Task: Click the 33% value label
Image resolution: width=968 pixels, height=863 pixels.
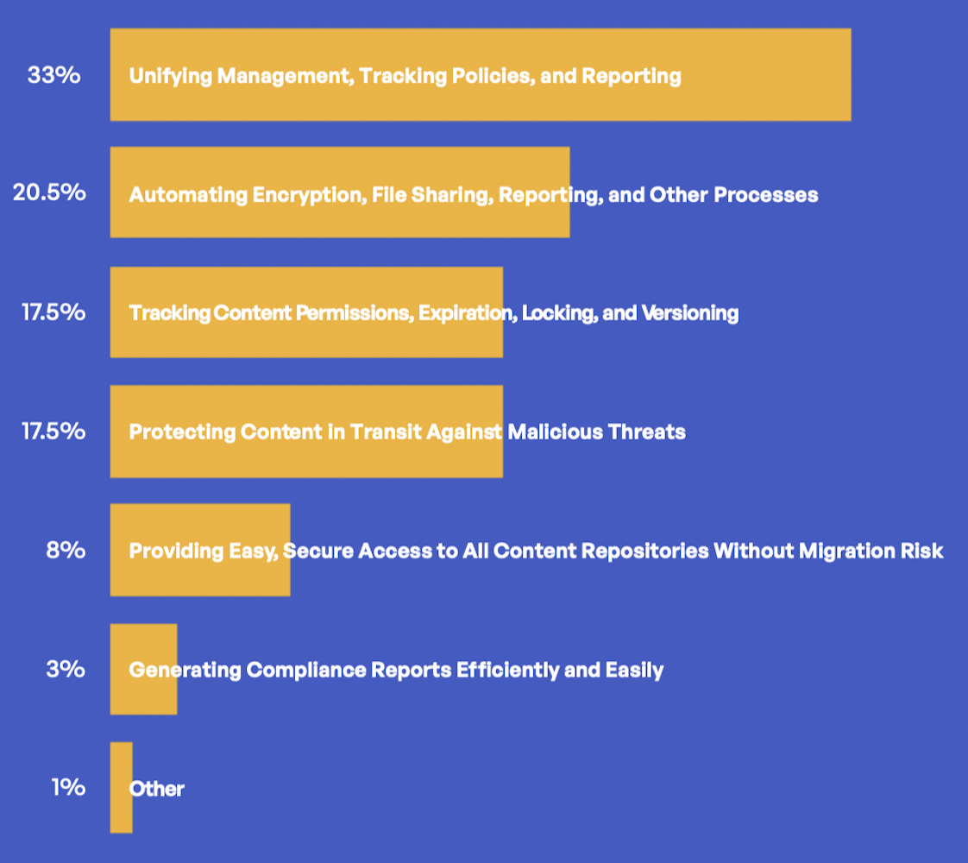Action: (x=53, y=75)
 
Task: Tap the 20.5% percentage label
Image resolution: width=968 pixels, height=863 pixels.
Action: (x=49, y=192)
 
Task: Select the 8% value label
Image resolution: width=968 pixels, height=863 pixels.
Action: (x=66, y=550)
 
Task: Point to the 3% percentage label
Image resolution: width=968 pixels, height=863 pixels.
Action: (x=66, y=669)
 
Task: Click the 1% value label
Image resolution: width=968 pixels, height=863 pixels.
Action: (x=68, y=787)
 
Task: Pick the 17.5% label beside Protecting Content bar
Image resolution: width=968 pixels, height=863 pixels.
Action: (x=53, y=431)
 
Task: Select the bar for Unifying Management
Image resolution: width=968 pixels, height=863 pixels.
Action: (x=481, y=75)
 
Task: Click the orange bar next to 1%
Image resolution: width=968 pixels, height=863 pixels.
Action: (x=121, y=788)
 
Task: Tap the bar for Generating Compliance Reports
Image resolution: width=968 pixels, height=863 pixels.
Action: (x=144, y=669)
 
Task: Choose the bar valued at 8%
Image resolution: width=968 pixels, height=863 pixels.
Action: (x=200, y=550)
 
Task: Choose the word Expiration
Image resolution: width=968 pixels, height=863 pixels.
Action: (x=468, y=313)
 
